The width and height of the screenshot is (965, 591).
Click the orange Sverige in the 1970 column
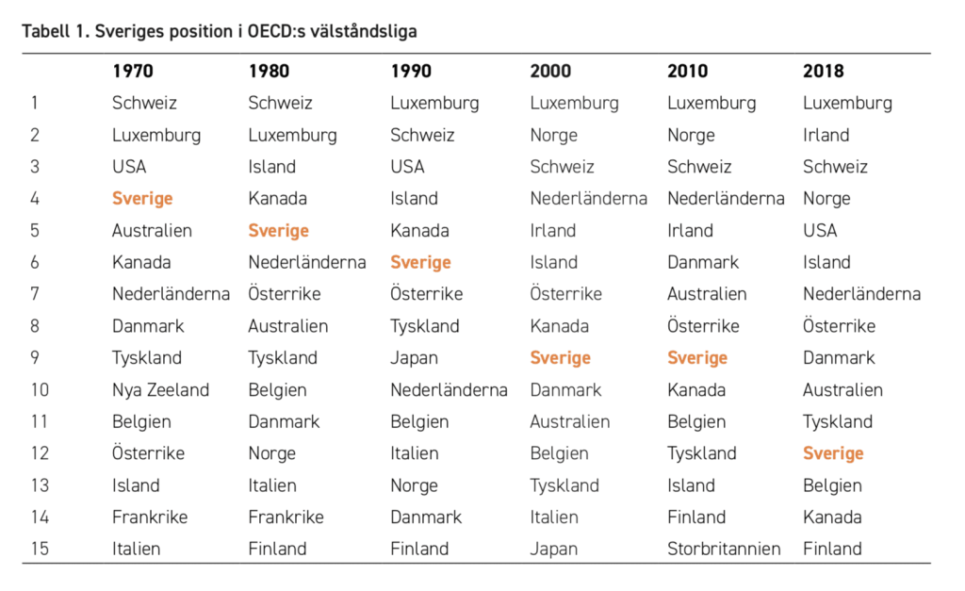[142, 199]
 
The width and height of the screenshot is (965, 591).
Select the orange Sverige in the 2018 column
[833, 453]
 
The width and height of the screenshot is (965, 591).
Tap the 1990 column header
[411, 71]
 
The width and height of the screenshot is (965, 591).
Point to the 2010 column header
[687, 71]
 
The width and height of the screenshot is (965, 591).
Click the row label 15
[40, 549]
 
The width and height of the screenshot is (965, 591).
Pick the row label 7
[35, 294]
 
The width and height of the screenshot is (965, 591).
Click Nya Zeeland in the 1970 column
[160, 389]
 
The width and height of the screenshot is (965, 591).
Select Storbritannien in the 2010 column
[724, 549]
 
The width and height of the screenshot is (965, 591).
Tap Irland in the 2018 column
[826, 135]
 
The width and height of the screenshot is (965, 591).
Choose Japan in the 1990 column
[415, 358]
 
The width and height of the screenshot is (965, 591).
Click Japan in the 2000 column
[554, 550]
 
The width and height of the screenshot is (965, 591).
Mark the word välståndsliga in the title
[363, 31]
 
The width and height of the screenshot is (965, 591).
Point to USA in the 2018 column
[820, 230]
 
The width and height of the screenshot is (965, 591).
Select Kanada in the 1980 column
[278, 198]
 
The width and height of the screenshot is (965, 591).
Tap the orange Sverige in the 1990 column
[421, 263]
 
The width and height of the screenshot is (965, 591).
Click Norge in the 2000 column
[554, 136]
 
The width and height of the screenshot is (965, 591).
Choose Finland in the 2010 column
[696, 517]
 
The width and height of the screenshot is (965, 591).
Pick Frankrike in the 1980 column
[286, 517]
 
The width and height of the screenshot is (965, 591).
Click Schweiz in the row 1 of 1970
[144, 103]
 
